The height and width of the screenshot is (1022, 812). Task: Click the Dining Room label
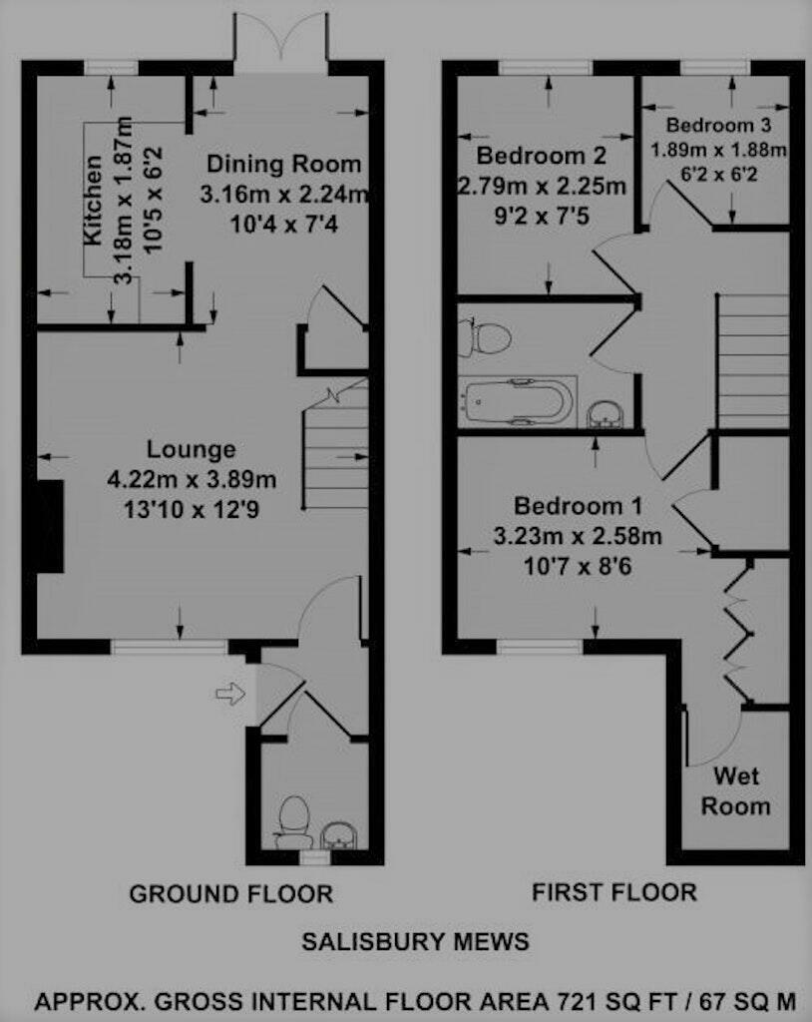pos(283,164)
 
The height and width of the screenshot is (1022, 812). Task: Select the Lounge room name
pos(192,449)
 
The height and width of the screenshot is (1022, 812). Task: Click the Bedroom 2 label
pos(542,156)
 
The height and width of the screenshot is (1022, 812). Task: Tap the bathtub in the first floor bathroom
pos(517,401)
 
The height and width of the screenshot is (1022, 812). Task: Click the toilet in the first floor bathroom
pos(485,337)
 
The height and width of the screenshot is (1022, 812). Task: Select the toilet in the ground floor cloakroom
pos(292,815)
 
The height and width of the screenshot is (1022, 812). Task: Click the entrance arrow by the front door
pos(229,694)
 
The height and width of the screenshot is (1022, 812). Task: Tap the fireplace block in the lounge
pos(48,525)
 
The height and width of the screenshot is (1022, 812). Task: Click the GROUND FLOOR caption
pos(230,893)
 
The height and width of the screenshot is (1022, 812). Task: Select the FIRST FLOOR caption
pos(614,891)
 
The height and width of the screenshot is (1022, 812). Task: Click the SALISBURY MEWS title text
pos(415,941)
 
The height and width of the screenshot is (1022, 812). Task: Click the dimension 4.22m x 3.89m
pos(192,479)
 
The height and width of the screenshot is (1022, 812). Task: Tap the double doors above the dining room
pos(281,42)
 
